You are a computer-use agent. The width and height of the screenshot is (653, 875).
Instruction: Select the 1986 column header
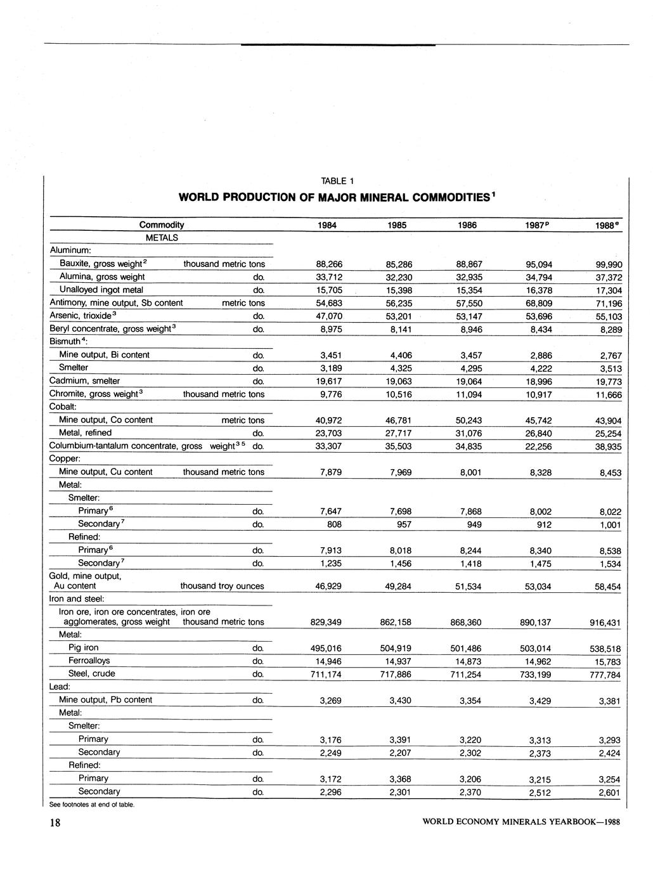coord(467,225)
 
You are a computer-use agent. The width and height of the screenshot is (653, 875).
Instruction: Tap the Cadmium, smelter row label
coord(84,381)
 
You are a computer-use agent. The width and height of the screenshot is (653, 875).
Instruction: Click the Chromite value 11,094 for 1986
coord(469,394)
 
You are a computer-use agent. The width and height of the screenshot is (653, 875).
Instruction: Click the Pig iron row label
coord(84,647)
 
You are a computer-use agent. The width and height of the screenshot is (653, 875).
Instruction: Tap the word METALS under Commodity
coord(162,238)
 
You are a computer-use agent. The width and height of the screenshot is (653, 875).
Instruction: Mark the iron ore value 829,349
coord(326,623)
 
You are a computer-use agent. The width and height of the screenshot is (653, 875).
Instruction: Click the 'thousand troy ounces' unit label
coord(222,587)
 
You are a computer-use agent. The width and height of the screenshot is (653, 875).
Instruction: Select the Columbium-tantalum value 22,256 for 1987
coord(538,446)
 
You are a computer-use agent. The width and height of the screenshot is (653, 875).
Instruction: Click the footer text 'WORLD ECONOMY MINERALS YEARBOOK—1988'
coord(520,823)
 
